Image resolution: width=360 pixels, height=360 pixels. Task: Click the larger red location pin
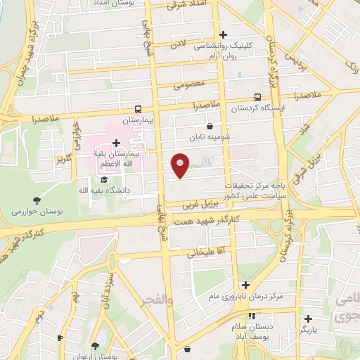(x=181, y=165)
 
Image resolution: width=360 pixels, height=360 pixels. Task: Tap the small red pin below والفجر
(x=186, y=348)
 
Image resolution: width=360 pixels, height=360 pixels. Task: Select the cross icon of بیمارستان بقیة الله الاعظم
(x=116, y=143)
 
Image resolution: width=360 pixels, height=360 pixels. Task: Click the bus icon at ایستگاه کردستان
(x=257, y=98)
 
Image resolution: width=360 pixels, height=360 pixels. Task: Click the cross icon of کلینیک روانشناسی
(x=224, y=34)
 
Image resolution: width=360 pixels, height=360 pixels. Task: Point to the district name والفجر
(x=157, y=300)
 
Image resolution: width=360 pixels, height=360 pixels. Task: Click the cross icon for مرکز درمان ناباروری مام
(x=245, y=285)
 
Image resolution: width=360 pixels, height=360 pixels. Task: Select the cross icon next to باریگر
(x=308, y=319)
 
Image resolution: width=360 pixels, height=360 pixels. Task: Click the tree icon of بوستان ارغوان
(x=95, y=345)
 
